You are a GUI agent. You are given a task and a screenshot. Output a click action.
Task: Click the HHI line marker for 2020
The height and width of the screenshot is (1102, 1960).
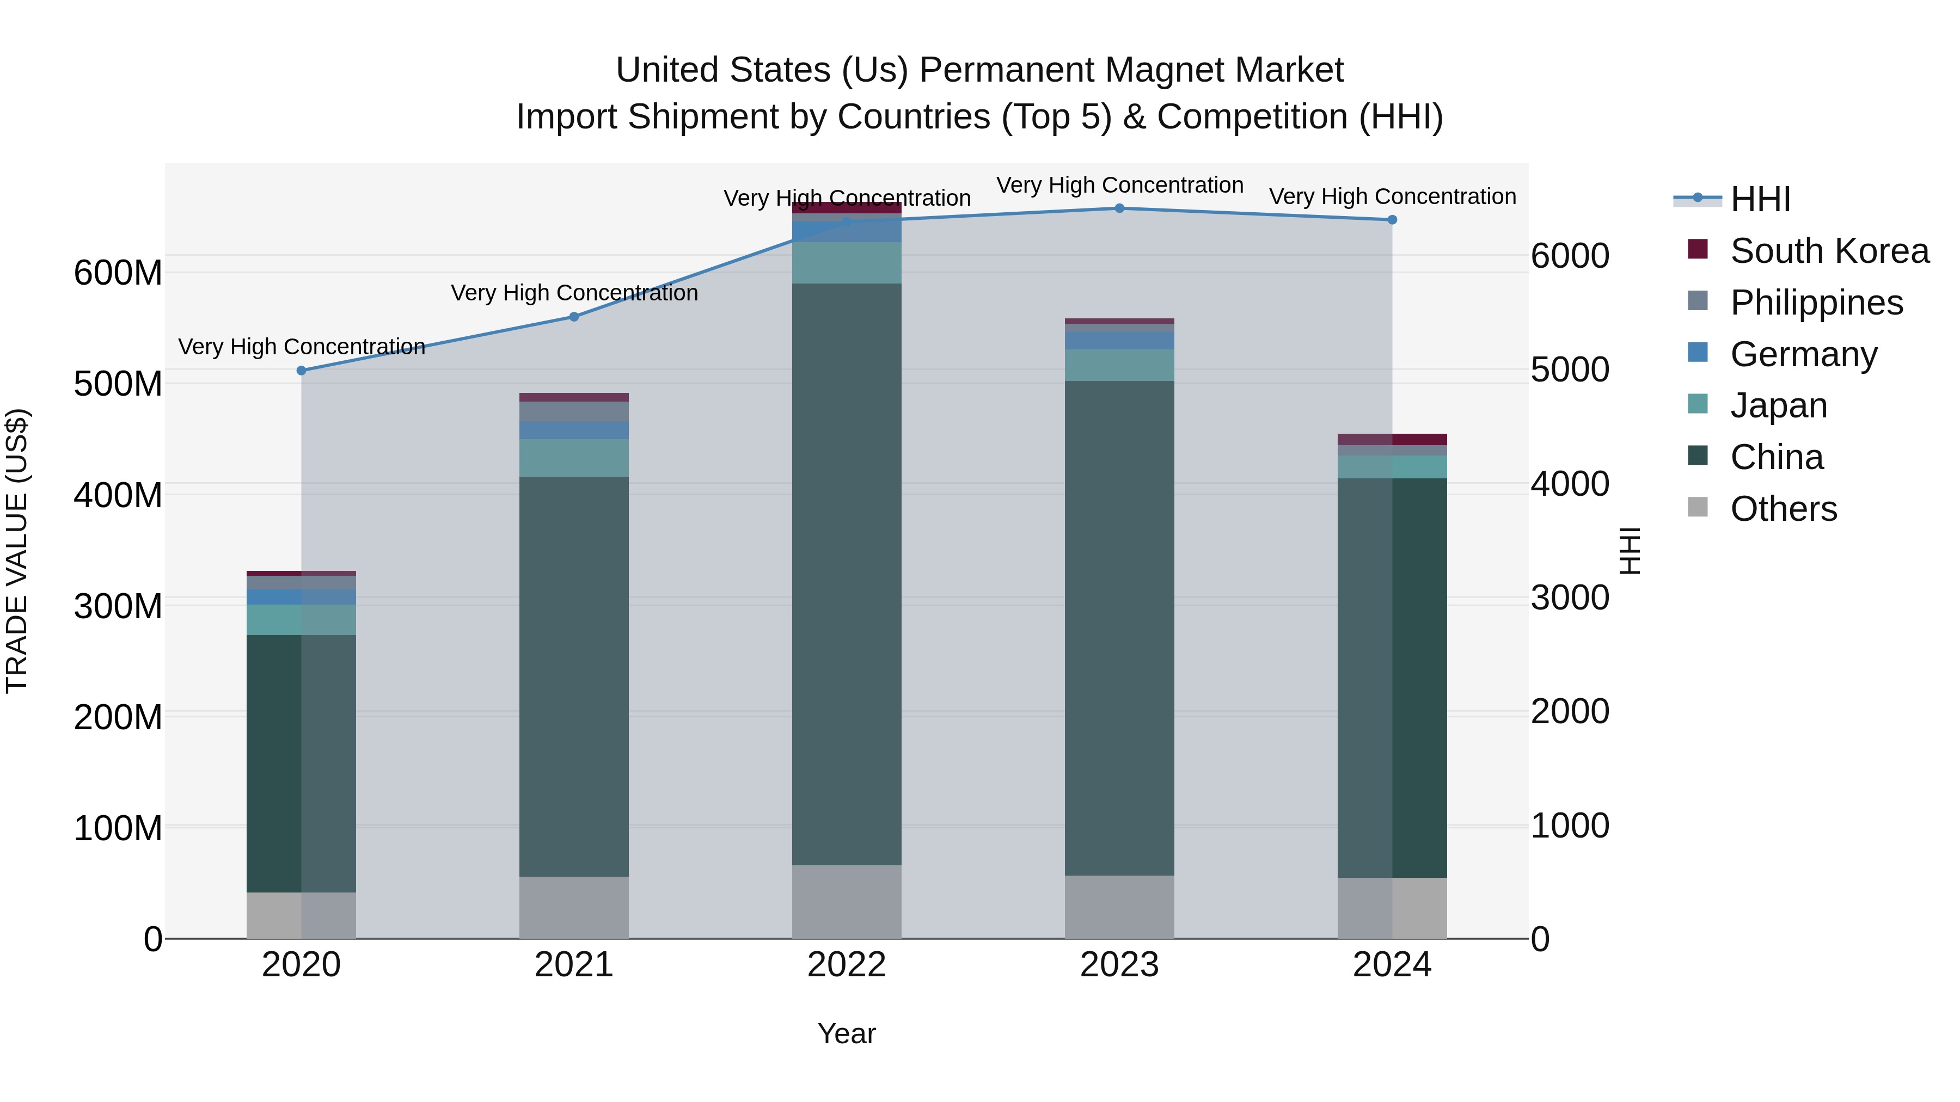[x=301, y=371]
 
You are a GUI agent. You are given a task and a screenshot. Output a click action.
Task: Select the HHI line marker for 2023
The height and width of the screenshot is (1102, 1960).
[x=1119, y=208]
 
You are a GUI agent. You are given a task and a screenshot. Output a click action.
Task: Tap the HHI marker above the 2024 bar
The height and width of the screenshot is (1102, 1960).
[x=1392, y=220]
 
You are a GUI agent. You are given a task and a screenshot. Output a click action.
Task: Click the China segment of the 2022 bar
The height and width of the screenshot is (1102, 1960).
[x=846, y=574]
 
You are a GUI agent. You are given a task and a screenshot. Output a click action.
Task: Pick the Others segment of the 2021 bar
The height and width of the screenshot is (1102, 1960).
[x=574, y=907]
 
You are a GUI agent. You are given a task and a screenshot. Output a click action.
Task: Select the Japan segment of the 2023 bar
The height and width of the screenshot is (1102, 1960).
[x=1119, y=365]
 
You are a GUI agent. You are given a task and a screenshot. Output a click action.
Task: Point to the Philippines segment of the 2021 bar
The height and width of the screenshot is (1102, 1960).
[x=574, y=411]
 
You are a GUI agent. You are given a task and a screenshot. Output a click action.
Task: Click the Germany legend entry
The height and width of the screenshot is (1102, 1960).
[x=1803, y=354]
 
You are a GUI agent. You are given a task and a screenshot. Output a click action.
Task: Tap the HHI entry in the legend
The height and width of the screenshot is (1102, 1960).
[x=1759, y=199]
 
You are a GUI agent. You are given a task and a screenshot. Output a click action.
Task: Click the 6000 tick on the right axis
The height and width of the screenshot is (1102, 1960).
[x=1570, y=256]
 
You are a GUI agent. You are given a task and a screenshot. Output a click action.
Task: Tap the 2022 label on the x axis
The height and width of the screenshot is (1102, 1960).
[x=846, y=965]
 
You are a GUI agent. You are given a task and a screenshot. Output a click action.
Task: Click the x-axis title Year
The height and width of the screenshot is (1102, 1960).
[x=846, y=1033]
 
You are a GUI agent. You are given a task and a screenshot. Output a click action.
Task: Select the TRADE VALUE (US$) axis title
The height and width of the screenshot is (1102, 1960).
[x=17, y=551]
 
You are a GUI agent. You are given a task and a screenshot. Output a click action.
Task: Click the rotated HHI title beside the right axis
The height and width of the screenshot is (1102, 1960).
[x=1629, y=551]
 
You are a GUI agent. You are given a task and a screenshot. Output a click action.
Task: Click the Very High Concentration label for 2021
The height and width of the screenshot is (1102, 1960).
[x=574, y=293]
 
